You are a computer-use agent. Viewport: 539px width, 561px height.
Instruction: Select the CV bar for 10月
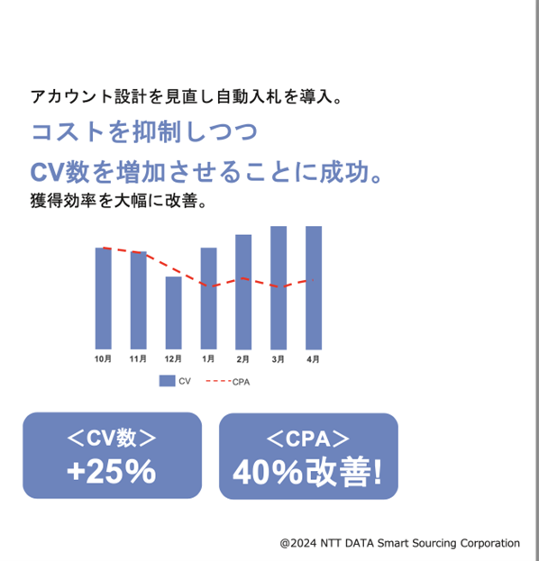pos(103,298)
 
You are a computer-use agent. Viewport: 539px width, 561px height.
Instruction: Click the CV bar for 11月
pos(138,300)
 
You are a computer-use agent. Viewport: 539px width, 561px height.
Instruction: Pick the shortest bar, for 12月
pos(173,312)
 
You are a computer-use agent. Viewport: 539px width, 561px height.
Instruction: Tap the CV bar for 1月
pos(208,298)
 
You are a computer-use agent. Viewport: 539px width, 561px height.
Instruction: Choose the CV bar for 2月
pos(243,292)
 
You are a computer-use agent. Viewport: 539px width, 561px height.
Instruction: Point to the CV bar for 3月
pos(279,287)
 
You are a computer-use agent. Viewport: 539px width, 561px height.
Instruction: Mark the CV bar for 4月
pos(314,287)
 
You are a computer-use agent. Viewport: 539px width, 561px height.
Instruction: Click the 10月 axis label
pos(103,358)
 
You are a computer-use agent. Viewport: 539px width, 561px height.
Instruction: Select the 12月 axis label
pos(173,358)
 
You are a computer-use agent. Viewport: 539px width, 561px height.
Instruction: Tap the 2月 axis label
pos(242,359)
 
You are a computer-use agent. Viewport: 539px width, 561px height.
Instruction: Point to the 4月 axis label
pos(313,359)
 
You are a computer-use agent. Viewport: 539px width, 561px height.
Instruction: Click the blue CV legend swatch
pos(167,381)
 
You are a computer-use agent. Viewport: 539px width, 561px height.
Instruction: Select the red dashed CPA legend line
pos(218,381)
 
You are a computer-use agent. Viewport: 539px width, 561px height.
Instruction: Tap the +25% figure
pos(112,472)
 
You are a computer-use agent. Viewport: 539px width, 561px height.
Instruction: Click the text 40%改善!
pos(307,472)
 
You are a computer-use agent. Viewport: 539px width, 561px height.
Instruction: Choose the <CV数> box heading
pos(112,438)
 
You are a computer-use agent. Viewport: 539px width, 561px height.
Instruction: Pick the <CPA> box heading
pos(308,439)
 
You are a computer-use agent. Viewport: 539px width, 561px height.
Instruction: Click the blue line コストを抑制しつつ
pos(144,131)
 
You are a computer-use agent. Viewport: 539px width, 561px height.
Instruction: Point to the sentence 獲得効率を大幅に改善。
pos(119,200)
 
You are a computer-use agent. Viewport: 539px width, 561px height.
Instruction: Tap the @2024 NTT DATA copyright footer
pos(399,543)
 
